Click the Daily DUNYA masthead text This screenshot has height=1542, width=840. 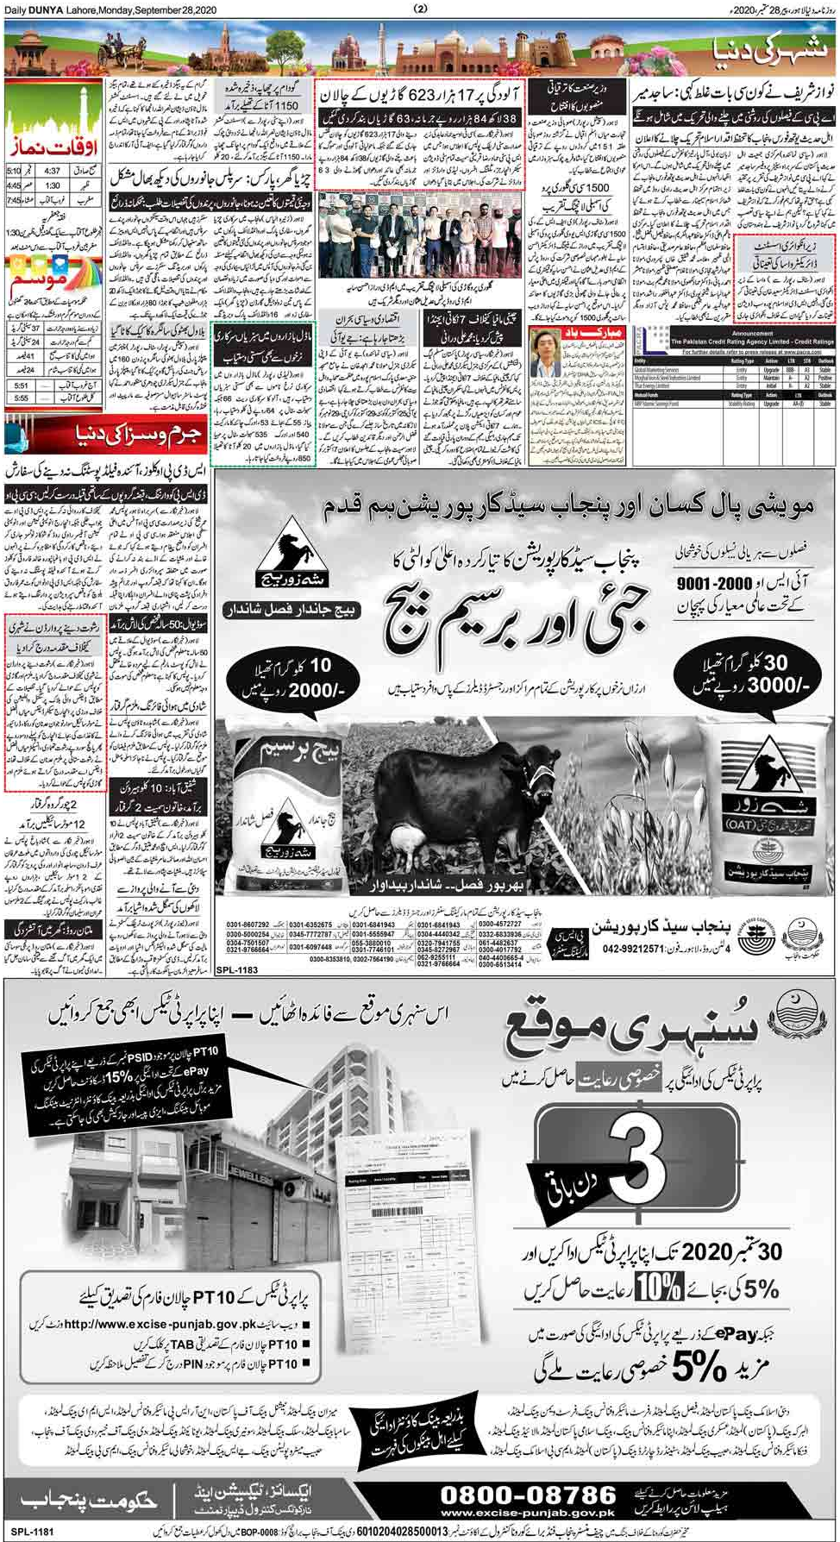click(x=42, y=9)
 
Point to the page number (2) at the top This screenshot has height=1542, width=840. click(x=420, y=9)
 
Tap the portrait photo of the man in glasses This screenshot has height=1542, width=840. click(x=548, y=353)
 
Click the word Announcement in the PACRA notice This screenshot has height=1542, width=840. click(x=734, y=333)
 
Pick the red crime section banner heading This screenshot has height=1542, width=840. click(x=106, y=434)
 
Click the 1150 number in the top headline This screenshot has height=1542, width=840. click(x=282, y=105)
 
